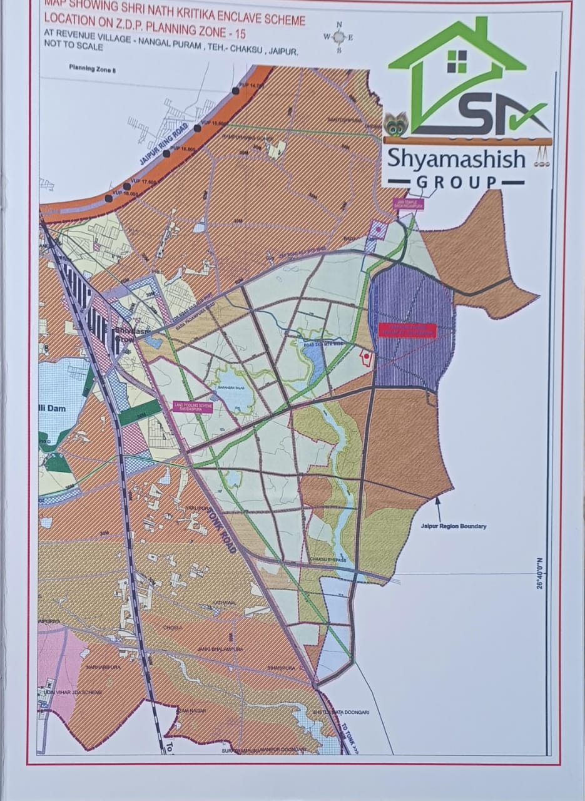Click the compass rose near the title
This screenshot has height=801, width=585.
point(339,38)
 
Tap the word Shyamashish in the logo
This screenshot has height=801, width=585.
point(455,159)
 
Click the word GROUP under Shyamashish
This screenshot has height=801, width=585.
point(457,182)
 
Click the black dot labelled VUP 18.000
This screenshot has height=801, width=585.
point(109,198)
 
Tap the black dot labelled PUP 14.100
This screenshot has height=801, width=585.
point(236,91)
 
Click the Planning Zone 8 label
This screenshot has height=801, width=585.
point(93,70)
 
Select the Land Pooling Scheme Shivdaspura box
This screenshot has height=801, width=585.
point(193,407)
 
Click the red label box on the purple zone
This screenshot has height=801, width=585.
point(406,330)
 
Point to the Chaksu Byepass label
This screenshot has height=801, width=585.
point(327,559)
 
